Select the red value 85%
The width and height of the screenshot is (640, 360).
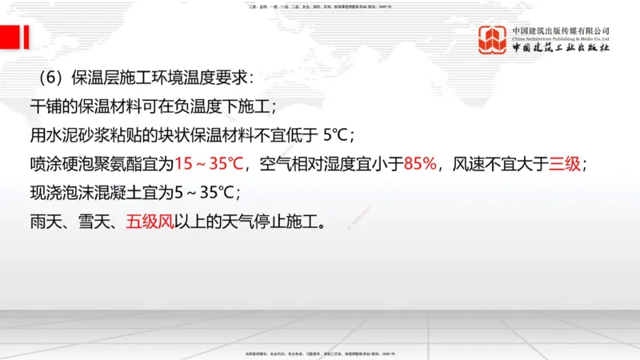click(x=421, y=164)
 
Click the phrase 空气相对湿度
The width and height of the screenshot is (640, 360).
click(x=302, y=164)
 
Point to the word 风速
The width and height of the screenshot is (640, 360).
click(x=469, y=164)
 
